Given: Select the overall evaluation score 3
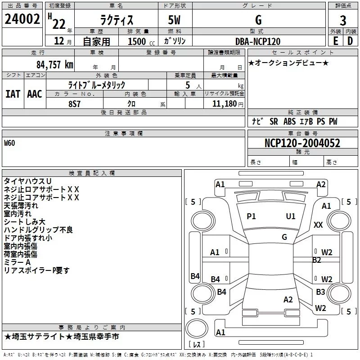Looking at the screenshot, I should click(x=343, y=20).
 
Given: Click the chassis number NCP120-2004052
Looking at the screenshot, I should click(x=302, y=143).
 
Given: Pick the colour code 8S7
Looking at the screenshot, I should click(x=75, y=103).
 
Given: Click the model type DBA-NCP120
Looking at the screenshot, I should click(x=257, y=41).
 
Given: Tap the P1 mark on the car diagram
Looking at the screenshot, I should click(x=251, y=216).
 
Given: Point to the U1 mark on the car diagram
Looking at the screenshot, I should click(x=291, y=216).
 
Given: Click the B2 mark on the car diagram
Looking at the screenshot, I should click(x=317, y=260).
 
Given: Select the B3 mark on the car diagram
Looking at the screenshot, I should click(x=320, y=292).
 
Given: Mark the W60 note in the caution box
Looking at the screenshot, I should click(x=10, y=144).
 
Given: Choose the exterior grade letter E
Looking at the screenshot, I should click(x=335, y=41).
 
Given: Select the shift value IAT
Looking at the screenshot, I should click(x=13, y=94).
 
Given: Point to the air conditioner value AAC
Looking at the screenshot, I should click(x=34, y=94).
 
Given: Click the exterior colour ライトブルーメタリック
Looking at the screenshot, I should click(x=96, y=85).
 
